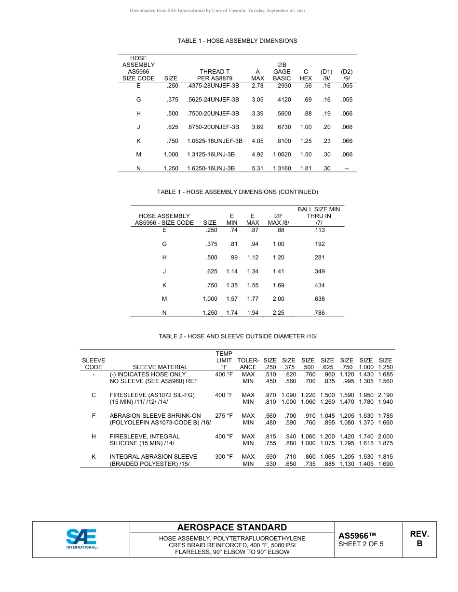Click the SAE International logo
[82, 539]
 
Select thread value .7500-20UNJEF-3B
[213, 114]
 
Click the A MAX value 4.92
[257, 154]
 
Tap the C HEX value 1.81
[306, 168]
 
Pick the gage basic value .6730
[282, 127]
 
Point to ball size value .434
[319, 285]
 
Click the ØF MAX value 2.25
[278, 313]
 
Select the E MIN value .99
[234, 257]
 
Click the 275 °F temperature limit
[224, 416]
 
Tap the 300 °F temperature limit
[224, 457]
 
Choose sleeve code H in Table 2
[94, 437]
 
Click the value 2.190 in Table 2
[385, 395]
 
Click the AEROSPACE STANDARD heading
[232, 528]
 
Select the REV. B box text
[419, 539]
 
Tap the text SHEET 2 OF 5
[361, 544]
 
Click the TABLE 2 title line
[238, 336]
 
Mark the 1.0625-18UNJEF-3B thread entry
[215, 141]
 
